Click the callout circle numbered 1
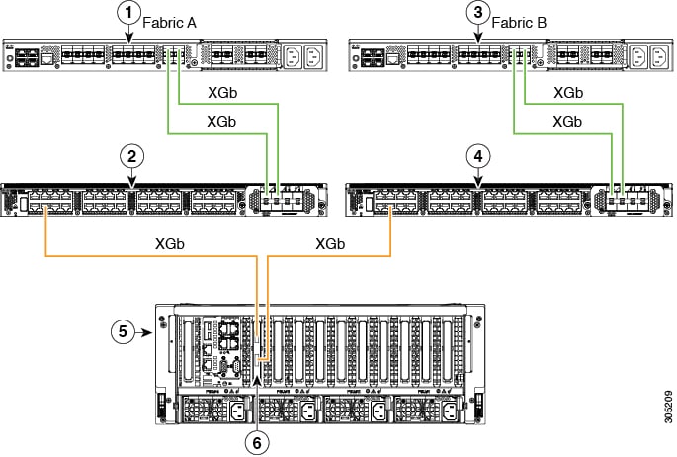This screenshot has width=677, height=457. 127,13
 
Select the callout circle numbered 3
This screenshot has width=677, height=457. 478,13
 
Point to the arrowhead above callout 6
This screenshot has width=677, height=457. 257,379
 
